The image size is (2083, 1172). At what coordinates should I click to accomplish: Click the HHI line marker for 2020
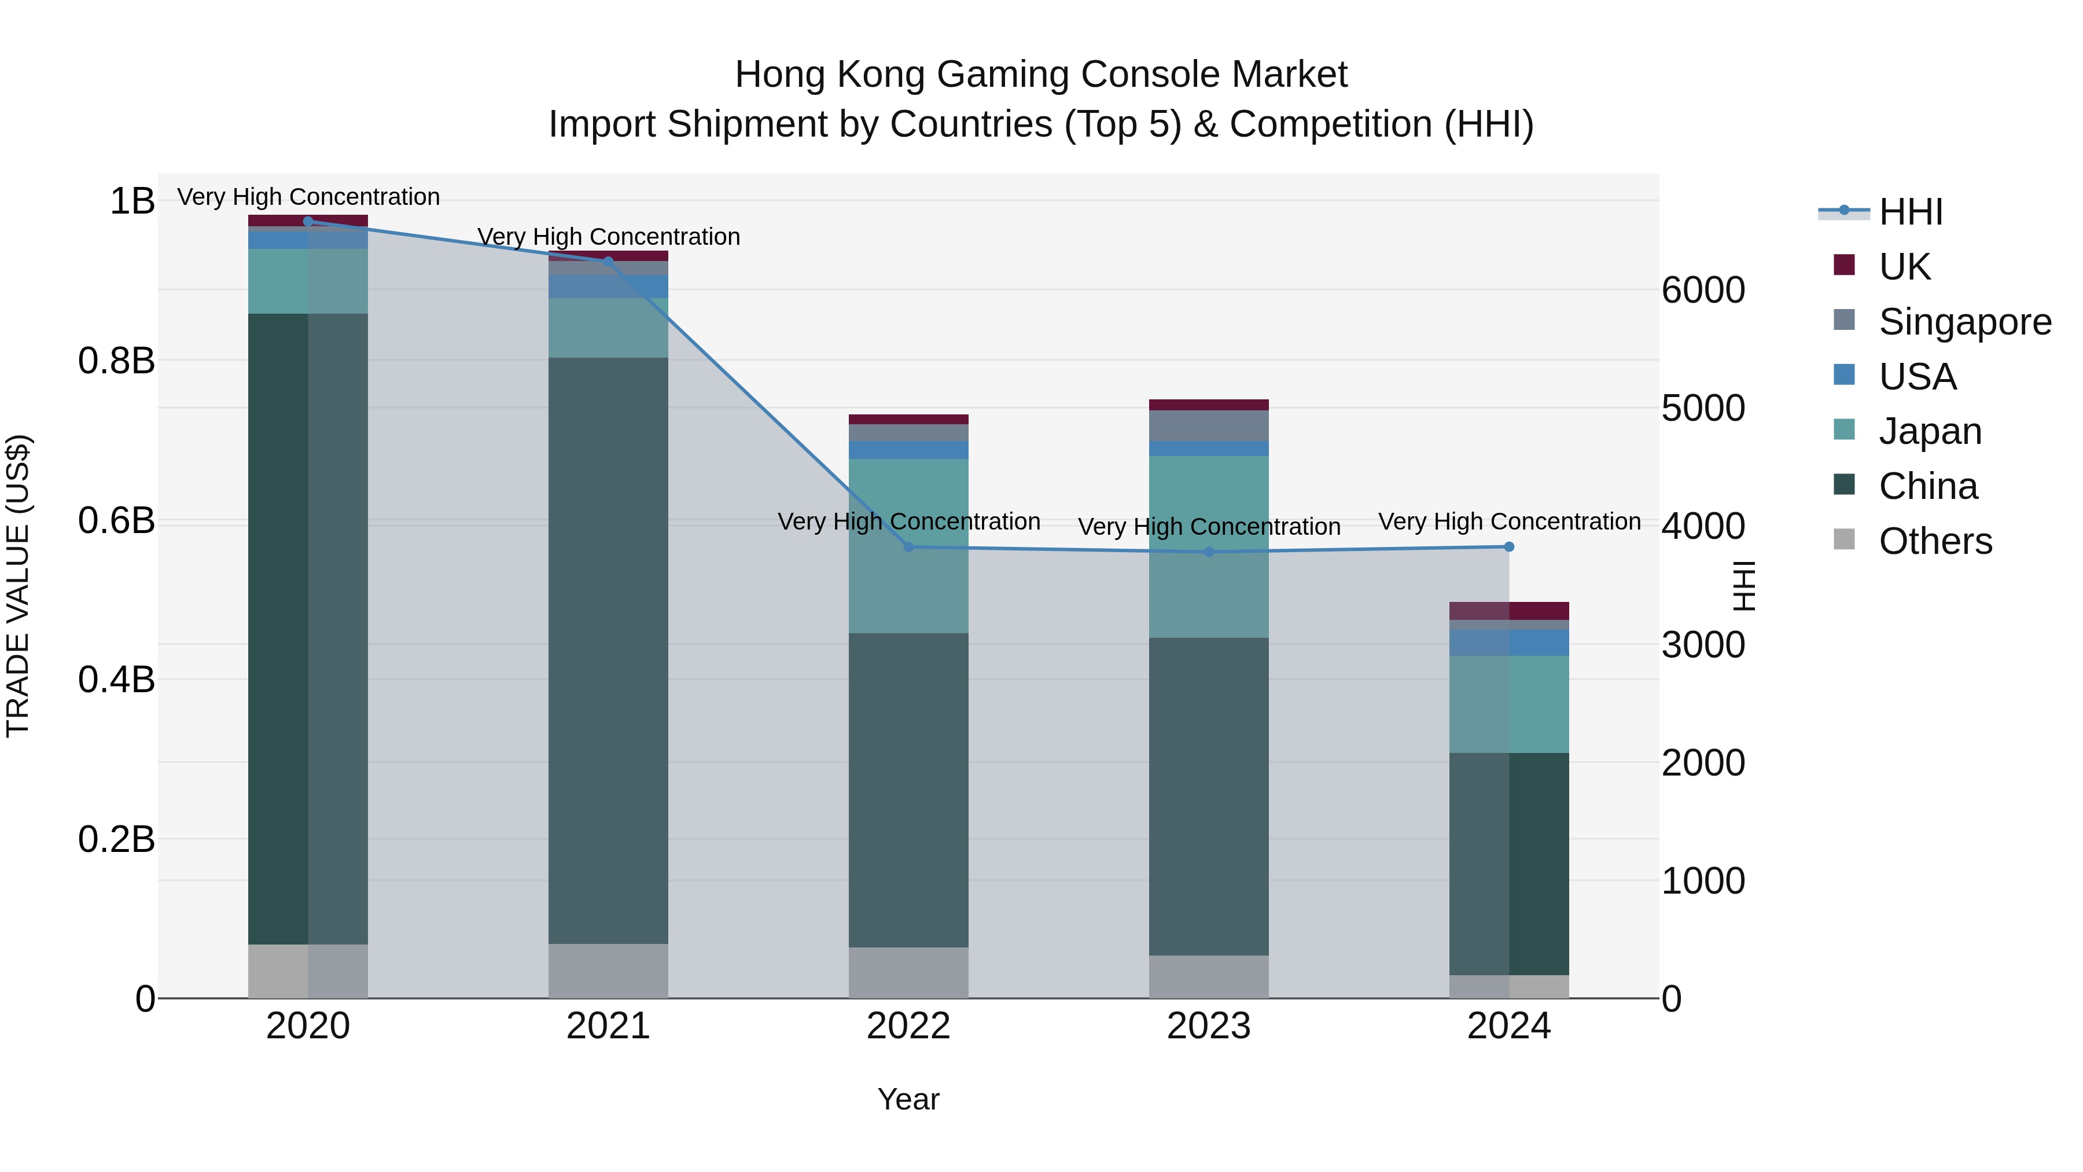308,221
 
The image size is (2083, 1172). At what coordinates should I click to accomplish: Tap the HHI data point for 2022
908,547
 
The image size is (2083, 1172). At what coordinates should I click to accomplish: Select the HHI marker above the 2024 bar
1509,547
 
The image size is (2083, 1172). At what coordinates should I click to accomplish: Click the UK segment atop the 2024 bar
1509,611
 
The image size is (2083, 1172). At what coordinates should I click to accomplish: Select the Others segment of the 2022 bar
908,972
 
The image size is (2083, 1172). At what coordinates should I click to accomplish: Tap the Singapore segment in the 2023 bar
1209,425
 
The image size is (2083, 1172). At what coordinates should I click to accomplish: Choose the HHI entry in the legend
1910,212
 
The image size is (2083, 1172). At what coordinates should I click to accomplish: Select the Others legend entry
1935,541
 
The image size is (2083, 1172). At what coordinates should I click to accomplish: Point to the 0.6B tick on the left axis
116,520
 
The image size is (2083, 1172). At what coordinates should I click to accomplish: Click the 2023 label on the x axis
1209,1026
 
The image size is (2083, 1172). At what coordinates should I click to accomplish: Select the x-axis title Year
908,1099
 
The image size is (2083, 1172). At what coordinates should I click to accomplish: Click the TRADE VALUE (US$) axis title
18,586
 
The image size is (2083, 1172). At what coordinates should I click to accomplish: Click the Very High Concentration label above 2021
608,237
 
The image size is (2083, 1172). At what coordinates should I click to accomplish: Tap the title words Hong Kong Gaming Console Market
1041,75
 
